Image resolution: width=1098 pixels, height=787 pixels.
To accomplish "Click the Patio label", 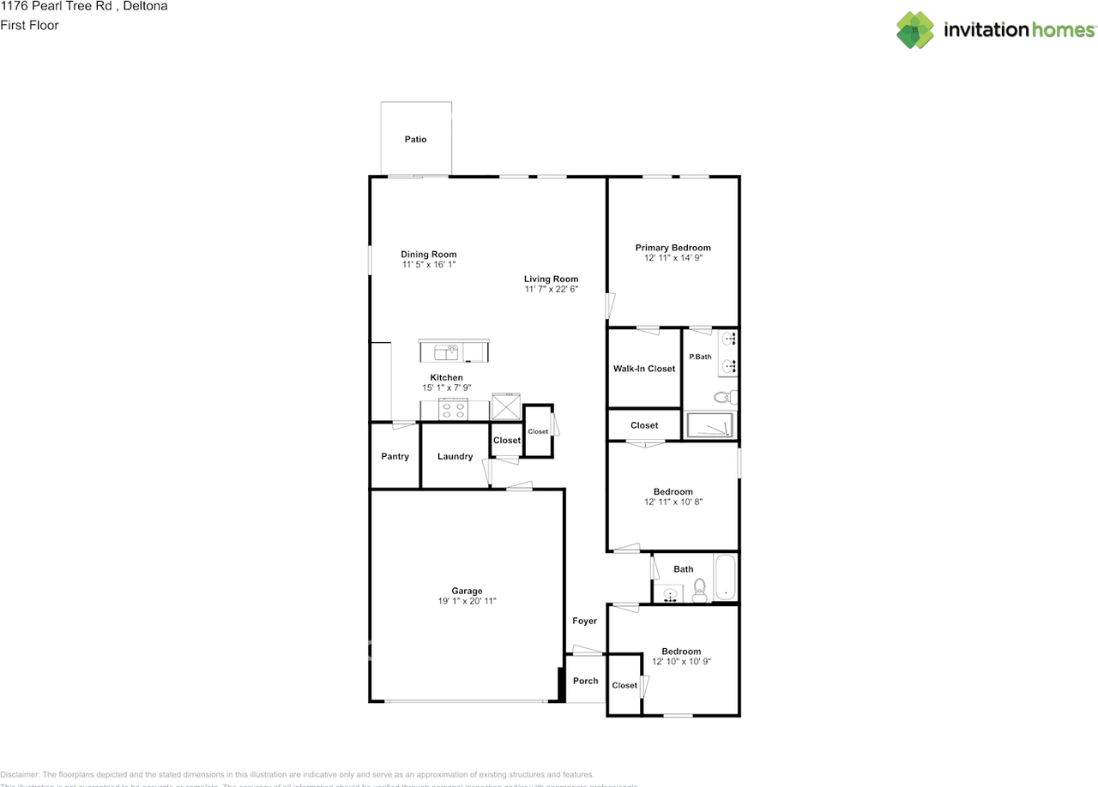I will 415,139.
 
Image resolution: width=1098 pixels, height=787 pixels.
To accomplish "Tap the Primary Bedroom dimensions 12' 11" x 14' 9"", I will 673,258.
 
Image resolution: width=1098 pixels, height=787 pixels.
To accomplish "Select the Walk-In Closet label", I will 643,369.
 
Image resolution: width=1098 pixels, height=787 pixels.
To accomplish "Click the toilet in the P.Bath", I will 724,396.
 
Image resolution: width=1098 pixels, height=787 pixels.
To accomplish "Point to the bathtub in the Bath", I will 725,579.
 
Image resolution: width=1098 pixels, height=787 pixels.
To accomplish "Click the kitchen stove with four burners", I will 452,410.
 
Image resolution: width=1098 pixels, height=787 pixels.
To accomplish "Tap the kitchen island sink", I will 446,351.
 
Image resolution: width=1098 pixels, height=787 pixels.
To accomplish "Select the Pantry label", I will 395,457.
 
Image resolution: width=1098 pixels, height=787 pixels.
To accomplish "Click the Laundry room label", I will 455,457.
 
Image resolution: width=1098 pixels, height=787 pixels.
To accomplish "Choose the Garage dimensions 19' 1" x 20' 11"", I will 467,602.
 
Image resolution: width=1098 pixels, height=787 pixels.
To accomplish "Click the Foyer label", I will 584,621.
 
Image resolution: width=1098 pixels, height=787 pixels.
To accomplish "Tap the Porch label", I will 585,681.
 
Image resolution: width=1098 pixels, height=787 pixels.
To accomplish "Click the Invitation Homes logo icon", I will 915,30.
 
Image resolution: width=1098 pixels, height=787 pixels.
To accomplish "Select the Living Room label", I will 551,279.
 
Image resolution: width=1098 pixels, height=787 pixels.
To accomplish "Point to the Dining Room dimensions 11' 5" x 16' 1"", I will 428,265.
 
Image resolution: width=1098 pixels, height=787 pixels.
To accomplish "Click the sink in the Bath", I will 669,593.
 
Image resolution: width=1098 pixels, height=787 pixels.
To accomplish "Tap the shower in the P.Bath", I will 709,425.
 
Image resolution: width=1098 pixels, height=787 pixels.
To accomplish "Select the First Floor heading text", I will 29,26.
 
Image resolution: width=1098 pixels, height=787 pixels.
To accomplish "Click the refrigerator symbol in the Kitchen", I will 506,406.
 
